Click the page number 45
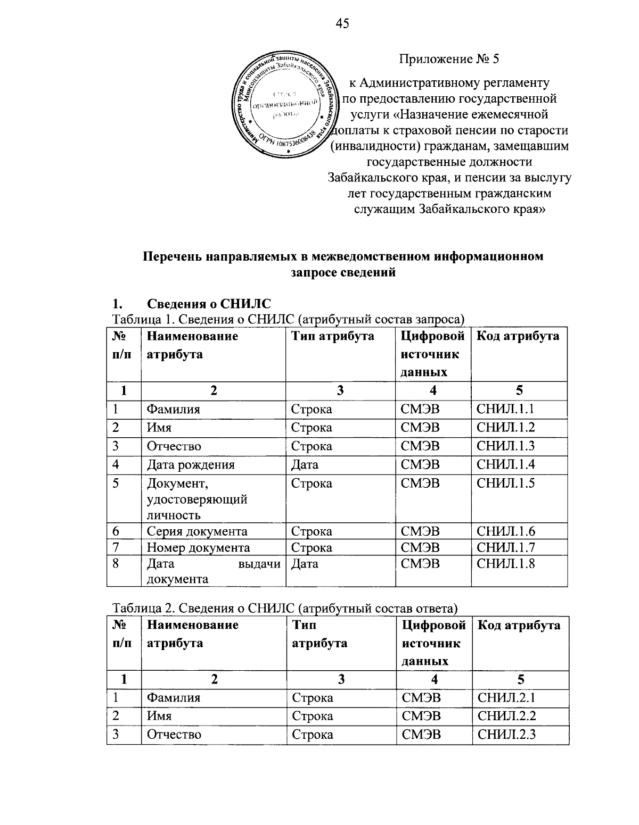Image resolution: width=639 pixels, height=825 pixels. point(342,23)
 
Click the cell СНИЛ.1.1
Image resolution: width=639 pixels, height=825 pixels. point(505,409)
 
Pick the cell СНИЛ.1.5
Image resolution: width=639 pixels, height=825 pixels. point(505,483)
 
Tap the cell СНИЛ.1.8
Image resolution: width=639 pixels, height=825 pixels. point(505,563)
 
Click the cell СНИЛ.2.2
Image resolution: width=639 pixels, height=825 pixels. point(506,716)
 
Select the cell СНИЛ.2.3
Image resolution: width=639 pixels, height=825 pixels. point(506,735)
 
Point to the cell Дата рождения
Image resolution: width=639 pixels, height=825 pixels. point(191,465)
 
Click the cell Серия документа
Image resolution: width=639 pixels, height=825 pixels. point(197,531)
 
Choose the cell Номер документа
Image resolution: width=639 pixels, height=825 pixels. point(198,547)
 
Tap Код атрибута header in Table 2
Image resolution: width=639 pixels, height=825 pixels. point(519,625)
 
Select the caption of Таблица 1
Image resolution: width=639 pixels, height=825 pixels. point(288,319)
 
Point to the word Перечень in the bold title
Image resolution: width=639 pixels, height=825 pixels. point(173,257)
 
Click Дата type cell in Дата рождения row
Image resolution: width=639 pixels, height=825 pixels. point(305,465)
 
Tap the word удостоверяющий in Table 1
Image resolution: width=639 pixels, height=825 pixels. point(197,499)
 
